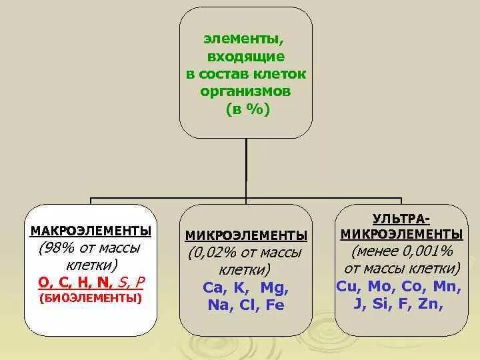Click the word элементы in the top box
[245, 42]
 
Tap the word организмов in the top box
[245, 91]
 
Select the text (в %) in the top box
[245, 107]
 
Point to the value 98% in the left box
[55, 249]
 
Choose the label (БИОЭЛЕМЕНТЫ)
[91, 297]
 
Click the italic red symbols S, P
[131, 281]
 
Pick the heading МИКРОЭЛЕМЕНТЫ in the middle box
[246, 236]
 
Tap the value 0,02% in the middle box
[212, 253]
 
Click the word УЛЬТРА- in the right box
[401, 219]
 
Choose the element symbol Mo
[381, 285]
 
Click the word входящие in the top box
[245, 58]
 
